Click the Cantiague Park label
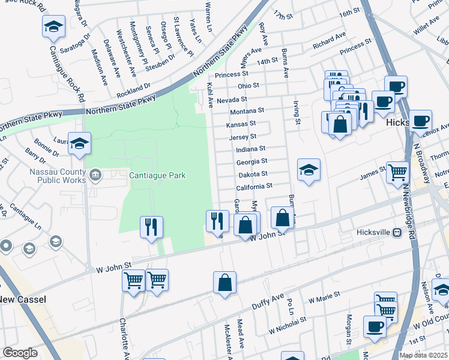point(157,175)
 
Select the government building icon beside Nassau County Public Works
point(95,175)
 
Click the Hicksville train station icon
point(396,232)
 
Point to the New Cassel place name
point(23,299)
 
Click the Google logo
point(20,353)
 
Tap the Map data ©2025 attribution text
point(423,355)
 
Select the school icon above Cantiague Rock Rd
point(53,27)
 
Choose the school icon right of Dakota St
point(309,170)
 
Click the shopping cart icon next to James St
point(397,172)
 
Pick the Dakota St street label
point(253,175)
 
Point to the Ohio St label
point(248,86)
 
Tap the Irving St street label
point(297,113)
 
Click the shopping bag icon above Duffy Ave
point(224,283)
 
